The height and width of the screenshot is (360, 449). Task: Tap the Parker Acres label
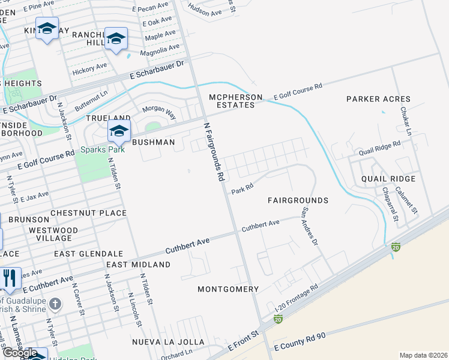tap(378, 99)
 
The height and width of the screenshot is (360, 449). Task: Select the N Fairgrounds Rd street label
tap(214, 152)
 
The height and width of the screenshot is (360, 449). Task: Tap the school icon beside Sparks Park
tap(119, 131)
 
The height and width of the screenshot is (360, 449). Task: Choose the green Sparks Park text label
tap(103, 149)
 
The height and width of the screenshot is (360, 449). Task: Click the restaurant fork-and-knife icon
tap(9, 278)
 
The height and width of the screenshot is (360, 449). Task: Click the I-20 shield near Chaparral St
tap(396, 247)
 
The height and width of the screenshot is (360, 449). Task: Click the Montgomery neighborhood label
tap(228, 289)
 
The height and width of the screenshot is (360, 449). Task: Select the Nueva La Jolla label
tap(168, 342)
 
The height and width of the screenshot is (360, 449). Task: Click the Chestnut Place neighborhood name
tap(88, 213)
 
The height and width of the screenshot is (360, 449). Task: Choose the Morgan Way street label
tap(158, 112)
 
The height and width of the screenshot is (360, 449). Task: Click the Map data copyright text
tap(423, 355)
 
